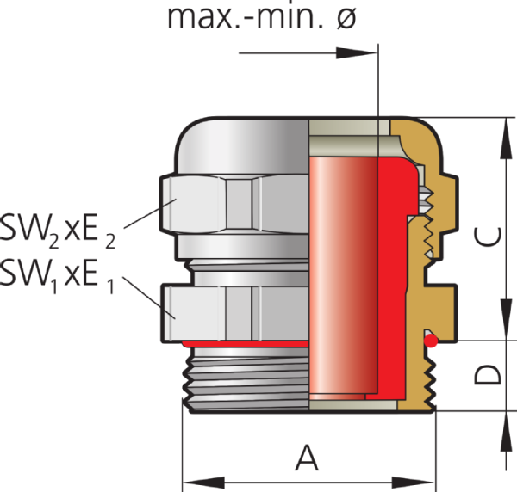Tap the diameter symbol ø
[x=344, y=18]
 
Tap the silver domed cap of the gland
[x=241, y=146]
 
